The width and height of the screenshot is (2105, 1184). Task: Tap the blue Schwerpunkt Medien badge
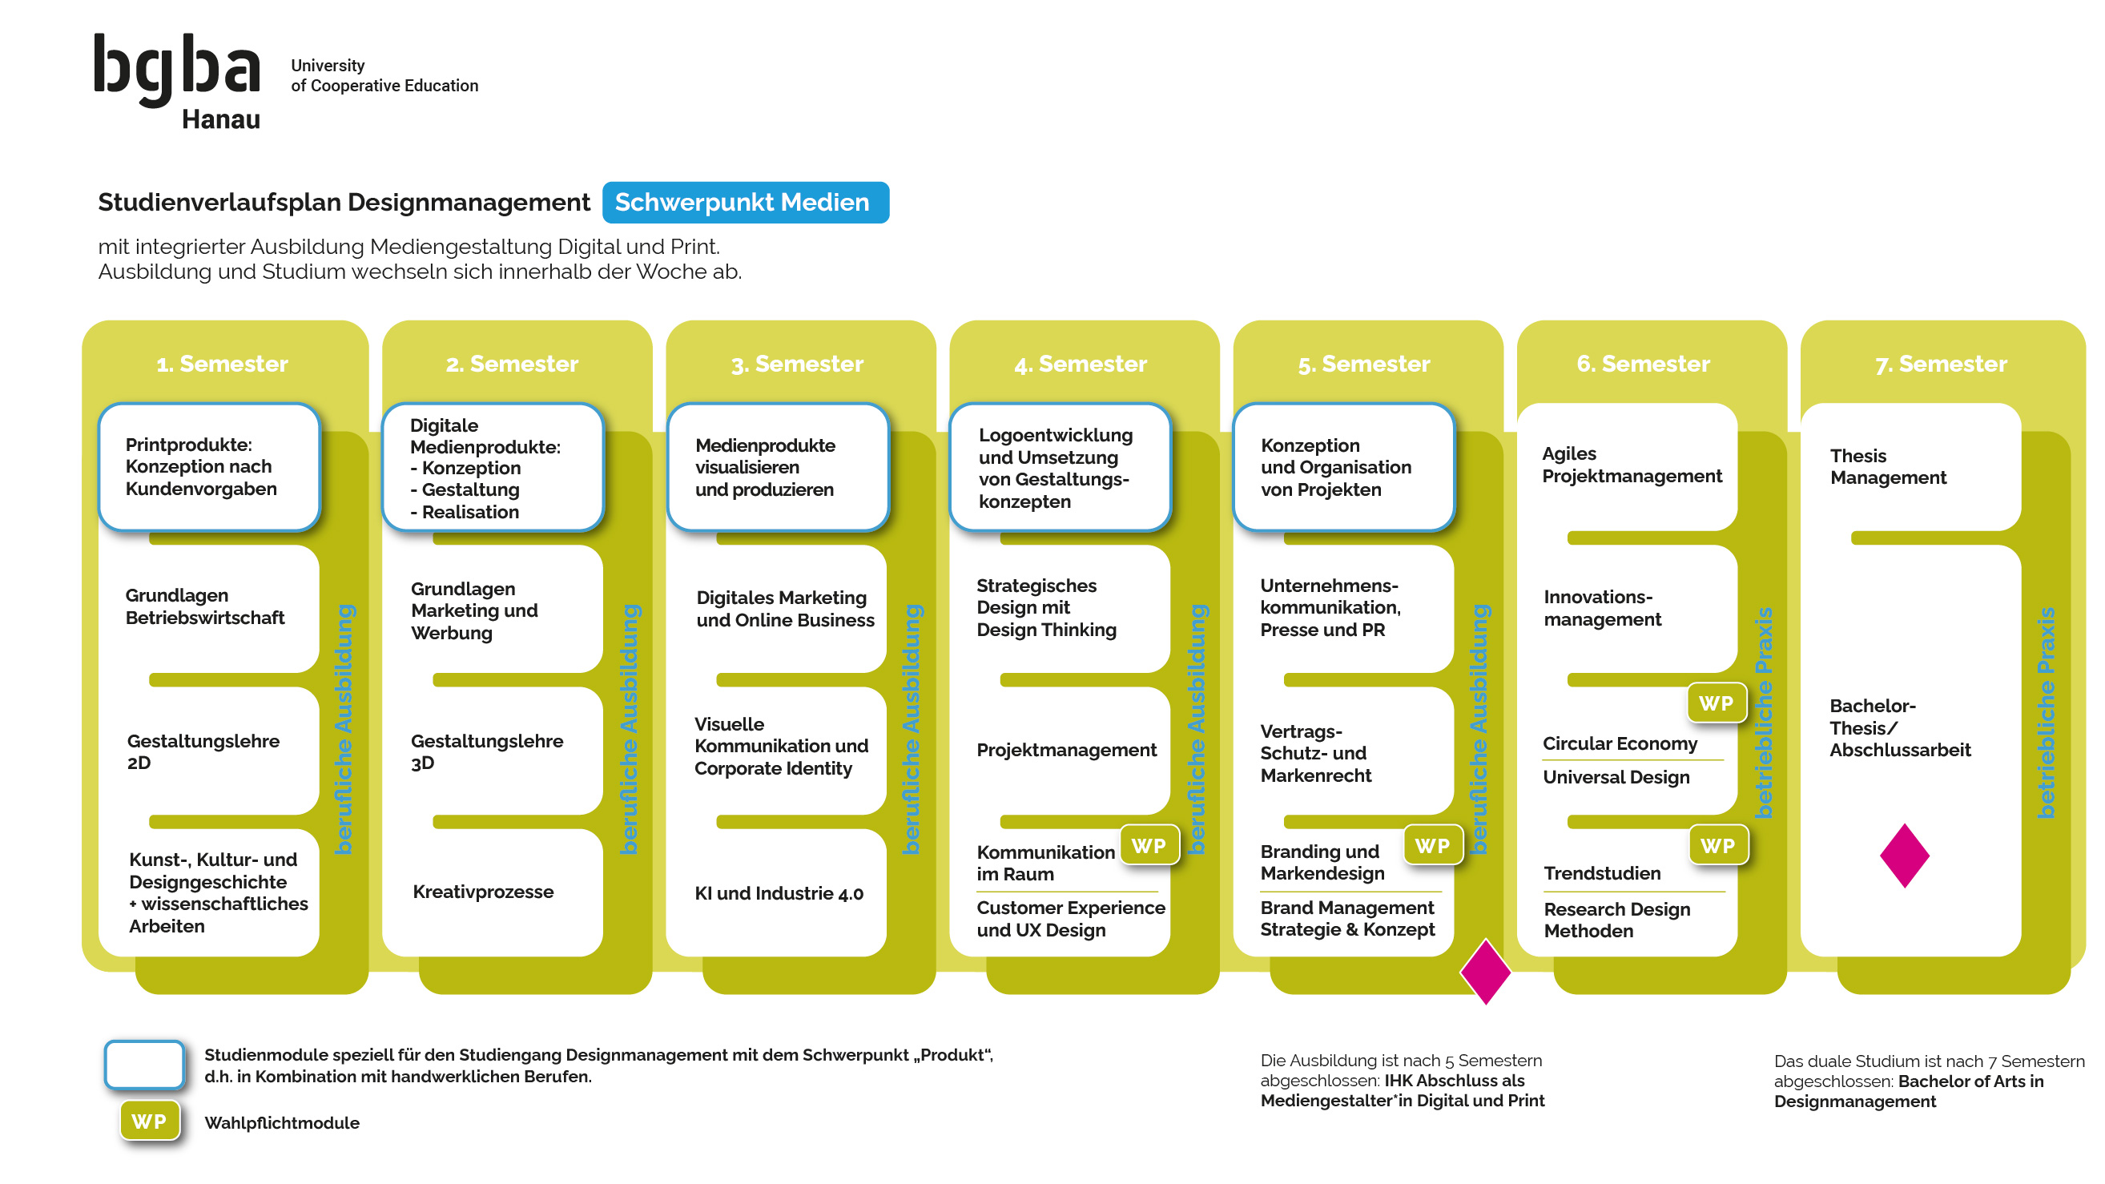(744, 202)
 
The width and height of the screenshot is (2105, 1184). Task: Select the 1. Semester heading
(222, 364)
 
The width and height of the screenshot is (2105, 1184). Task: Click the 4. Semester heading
(1081, 364)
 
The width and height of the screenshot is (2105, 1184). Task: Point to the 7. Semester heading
(1940, 364)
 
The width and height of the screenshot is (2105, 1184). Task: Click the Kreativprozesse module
(483, 892)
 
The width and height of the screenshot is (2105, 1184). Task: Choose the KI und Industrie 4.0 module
(778, 893)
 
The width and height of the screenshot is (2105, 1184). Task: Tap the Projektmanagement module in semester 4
(1065, 750)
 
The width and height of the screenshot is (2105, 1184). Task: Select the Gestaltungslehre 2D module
(203, 751)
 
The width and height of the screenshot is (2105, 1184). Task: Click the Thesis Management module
(1888, 466)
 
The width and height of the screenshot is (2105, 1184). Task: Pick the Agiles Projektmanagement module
(1630, 465)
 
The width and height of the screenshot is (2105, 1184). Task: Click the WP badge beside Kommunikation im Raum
(1148, 846)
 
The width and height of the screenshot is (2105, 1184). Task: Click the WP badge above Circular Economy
(1715, 703)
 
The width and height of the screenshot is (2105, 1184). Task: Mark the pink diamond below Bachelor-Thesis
(1903, 856)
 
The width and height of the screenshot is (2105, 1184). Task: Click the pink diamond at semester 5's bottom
(1485, 972)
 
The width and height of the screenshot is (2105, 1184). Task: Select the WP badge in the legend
(149, 1121)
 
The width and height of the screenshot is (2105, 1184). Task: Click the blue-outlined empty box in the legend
(145, 1064)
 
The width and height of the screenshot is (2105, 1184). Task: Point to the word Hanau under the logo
(220, 119)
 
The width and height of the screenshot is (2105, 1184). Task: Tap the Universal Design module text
(1616, 777)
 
